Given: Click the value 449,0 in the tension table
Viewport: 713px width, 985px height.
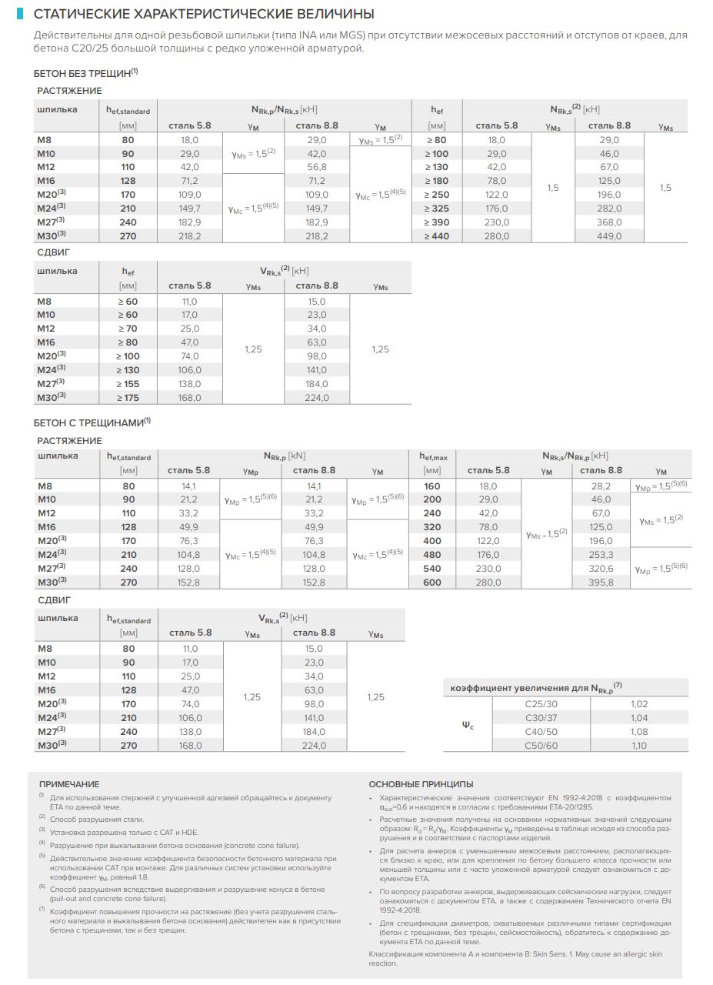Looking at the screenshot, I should (608, 236).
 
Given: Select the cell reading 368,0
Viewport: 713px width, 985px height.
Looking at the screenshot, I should (608, 222).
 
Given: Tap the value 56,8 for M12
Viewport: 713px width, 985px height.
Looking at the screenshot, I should (317, 167).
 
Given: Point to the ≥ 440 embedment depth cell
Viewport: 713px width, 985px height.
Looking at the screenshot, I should (436, 236).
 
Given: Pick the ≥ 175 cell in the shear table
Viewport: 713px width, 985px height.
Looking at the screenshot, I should (128, 398).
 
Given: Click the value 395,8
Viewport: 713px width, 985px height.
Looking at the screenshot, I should (601, 583).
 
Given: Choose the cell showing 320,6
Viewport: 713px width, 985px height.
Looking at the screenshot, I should (601, 569).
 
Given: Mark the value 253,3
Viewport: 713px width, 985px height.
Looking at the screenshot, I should (601, 555).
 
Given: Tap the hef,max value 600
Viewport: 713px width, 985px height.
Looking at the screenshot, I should (432, 583).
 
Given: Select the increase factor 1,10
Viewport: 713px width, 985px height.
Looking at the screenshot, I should (639, 746).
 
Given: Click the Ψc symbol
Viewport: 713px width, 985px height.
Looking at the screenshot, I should (468, 725).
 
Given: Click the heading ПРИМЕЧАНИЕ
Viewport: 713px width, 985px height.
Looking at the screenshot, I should (69, 784).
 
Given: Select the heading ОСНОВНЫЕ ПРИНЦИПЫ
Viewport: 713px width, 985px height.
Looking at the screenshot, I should (421, 784).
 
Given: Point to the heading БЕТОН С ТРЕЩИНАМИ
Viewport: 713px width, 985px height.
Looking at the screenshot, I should (89, 422).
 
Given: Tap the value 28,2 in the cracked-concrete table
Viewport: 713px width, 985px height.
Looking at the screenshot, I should (601, 486).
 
